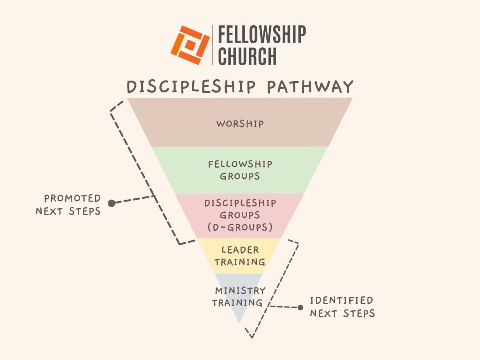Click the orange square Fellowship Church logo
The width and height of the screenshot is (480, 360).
click(190, 45)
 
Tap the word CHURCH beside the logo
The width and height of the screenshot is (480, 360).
click(247, 56)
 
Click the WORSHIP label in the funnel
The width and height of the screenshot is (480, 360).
click(240, 124)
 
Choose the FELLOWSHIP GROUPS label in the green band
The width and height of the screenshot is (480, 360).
click(240, 171)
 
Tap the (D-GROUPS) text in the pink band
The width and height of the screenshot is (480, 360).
click(240, 227)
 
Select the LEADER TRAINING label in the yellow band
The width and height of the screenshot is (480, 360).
click(240, 256)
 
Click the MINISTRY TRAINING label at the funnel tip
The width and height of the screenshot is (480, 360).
click(240, 297)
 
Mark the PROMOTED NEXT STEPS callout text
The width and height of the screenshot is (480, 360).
click(68, 205)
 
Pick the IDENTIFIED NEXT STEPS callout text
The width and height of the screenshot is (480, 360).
click(342, 307)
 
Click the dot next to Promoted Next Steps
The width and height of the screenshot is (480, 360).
click(112, 203)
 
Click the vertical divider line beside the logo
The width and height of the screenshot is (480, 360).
click(213, 45)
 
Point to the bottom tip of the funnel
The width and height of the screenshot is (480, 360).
click(240, 322)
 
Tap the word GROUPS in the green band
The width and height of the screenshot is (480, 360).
click(240, 177)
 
